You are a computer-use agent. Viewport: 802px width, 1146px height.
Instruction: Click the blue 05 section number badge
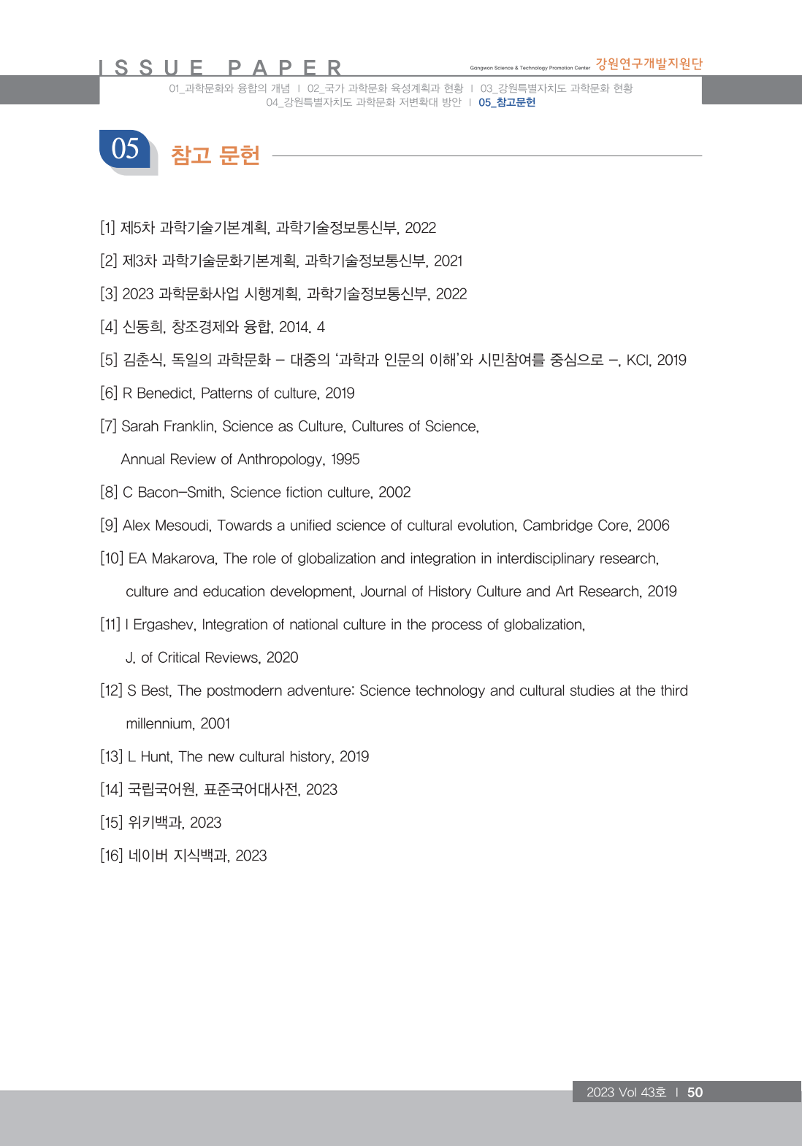[126, 149]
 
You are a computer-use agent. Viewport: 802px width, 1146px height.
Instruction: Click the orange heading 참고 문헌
[215, 155]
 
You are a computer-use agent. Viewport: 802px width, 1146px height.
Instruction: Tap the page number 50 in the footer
[695, 1092]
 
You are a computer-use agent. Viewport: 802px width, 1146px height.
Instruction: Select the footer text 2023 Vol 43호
[626, 1092]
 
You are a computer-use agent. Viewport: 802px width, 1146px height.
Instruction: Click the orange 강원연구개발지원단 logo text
[649, 64]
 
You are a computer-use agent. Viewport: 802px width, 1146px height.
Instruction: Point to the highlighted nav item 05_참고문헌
[507, 103]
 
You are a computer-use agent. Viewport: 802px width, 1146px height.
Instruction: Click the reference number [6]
[109, 393]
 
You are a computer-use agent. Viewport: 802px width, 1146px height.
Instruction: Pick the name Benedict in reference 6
[165, 393]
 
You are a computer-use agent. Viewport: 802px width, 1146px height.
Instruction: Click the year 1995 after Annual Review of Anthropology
[345, 459]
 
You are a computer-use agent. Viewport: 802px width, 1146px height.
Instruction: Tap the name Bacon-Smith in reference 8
[180, 493]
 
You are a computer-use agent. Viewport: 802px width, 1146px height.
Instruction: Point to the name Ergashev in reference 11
[164, 625]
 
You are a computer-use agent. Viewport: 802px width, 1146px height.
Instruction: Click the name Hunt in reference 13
[155, 757]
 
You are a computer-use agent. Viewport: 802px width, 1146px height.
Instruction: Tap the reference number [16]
[112, 855]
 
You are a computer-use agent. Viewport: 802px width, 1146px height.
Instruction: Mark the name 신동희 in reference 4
[143, 327]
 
